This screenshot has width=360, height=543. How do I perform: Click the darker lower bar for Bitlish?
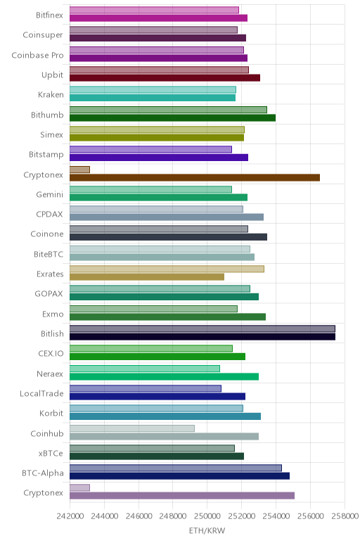click(x=202, y=337)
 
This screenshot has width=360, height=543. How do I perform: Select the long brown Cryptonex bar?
click(x=195, y=178)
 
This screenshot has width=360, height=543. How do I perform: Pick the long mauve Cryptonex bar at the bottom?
click(x=182, y=496)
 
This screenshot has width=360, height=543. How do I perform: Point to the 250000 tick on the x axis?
click(x=207, y=516)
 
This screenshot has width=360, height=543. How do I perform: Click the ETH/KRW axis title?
click(x=207, y=530)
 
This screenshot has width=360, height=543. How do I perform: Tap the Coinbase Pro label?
click(x=37, y=56)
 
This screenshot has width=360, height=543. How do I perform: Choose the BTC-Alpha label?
click(x=43, y=473)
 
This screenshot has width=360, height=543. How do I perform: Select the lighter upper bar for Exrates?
click(x=167, y=269)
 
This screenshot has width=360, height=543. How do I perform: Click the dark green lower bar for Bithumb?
click(x=172, y=117)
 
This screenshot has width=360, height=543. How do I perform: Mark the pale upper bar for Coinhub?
click(x=132, y=428)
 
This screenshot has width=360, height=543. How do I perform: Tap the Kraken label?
click(x=51, y=94)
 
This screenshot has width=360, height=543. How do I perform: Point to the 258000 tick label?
click(x=345, y=516)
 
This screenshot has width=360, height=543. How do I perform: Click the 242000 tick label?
click(x=70, y=516)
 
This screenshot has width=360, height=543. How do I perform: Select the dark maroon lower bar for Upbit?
click(x=165, y=78)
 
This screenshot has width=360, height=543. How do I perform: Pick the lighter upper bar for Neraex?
click(x=145, y=369)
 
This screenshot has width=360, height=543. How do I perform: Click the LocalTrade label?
click(x=41, y=394)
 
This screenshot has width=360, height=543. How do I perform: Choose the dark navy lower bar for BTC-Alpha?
click(x=180, y=475)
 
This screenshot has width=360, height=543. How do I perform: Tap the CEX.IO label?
click(x=51, y=354)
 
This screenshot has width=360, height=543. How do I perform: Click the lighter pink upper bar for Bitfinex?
click(x=154, y=10)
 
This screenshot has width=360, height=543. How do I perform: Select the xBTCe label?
click(x=51, y=453)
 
